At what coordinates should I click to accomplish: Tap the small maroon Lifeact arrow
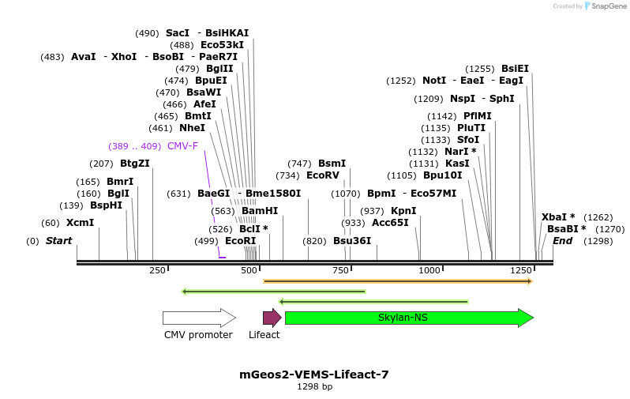point(272,318)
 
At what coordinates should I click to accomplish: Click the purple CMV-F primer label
point(182,146)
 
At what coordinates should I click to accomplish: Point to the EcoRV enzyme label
point(322,175)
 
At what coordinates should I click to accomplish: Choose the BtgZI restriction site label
point(134,164)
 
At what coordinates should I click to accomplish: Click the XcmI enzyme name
point(80,223)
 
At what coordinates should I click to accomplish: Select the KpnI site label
point(403,211)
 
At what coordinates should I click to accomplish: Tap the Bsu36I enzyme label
point(351,241)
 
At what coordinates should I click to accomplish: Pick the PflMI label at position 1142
point(477,116)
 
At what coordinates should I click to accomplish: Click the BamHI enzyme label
point(260,211)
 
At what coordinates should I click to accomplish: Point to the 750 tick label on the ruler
point(340,270)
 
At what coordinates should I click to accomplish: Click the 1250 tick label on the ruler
point(520,270)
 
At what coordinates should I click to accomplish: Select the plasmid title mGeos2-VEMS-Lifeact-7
point(314,375)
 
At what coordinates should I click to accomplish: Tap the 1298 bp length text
point(314,386)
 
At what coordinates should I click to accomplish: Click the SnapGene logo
point(606,6)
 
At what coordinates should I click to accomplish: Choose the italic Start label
point(58,241)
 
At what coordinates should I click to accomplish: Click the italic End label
point(562,241)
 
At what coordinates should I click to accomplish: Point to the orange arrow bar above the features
point(398,280)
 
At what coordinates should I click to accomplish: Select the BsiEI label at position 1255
point(515,69)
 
